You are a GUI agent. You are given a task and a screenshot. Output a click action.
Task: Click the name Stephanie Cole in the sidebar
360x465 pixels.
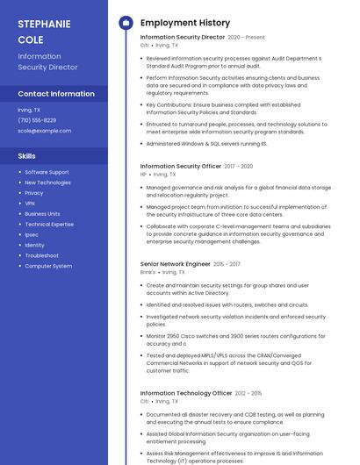[x=44, y=32]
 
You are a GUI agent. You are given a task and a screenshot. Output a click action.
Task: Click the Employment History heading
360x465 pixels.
[x=185, y=23]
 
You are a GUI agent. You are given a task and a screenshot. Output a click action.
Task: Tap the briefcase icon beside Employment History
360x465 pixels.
[x=126, y=23]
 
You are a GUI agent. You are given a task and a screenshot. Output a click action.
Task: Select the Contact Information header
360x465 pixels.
[x=56, y=94]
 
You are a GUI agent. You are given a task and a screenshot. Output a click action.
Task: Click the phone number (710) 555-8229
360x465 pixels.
[x=37, y=120]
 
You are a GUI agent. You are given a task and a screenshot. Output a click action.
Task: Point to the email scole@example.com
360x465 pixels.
[x=44, y=131]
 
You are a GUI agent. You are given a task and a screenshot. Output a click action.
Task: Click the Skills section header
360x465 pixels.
[x=26, y=156]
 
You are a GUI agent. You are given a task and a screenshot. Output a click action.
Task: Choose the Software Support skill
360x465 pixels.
[x=47, y=172]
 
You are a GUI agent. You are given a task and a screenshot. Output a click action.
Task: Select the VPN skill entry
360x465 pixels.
[x=30, y=204]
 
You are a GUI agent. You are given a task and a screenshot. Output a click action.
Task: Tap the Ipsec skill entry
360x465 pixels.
[x=32, y=234]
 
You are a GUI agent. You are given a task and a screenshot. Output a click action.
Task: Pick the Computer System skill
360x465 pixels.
[x=48, y=266]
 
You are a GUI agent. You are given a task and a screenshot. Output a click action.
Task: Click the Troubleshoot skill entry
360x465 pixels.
[x=41, y=255]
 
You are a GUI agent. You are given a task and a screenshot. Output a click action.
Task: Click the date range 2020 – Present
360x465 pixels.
[x=246, y=38]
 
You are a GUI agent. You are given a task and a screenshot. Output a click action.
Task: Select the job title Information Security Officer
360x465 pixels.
[x=181, y=166]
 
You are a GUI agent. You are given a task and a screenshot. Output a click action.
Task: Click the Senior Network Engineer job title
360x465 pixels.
[x=176, y=264]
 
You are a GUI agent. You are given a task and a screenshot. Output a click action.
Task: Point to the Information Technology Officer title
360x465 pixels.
[x=186, y=393]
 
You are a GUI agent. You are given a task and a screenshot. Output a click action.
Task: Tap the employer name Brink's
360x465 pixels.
[x=148, y=272]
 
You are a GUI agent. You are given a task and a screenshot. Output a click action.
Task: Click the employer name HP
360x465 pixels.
[x=143, y=174]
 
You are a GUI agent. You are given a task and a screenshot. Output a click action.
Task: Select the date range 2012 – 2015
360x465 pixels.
[x=248, y=393]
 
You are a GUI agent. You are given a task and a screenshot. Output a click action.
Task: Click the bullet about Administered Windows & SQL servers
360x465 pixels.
[x=206, y=143]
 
